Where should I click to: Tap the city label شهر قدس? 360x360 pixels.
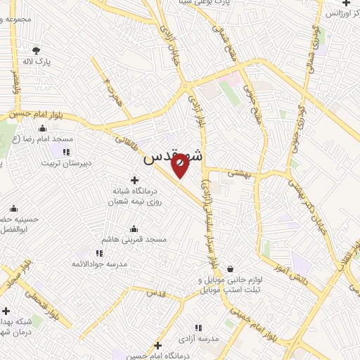coord(173,158)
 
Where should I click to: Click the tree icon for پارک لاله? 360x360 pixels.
coord(37,50)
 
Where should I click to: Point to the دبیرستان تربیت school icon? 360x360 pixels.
coord(66,151)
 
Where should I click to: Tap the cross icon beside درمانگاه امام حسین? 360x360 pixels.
coord(158,345)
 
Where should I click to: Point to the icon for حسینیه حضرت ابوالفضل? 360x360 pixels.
coord(13,208)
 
